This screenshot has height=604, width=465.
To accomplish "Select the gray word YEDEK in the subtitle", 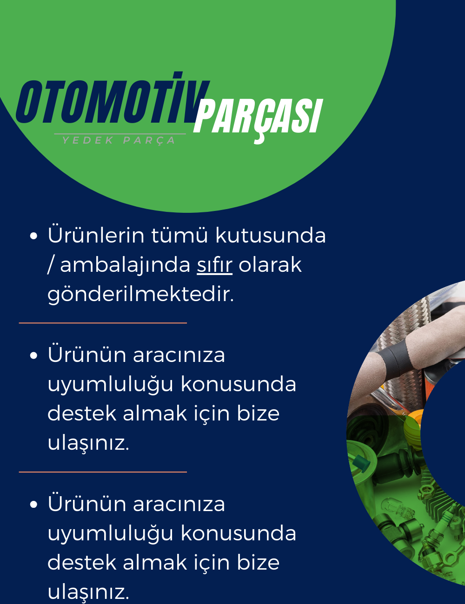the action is click(88, 140).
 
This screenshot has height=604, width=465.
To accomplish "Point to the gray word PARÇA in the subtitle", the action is click(149, 141).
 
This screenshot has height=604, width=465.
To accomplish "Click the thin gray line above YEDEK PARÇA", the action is click(120, 134).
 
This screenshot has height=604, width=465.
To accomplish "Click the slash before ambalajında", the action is click(50, 265).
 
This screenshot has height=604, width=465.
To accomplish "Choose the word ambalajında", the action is click(126, 265).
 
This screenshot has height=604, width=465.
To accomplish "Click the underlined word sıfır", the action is click(214, 265).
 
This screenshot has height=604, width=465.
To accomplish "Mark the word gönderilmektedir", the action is click(140, 294).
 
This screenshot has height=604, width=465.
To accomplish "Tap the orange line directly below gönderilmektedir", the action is click(103, 323).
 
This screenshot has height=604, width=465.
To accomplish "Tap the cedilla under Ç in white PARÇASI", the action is click(259, 139).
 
